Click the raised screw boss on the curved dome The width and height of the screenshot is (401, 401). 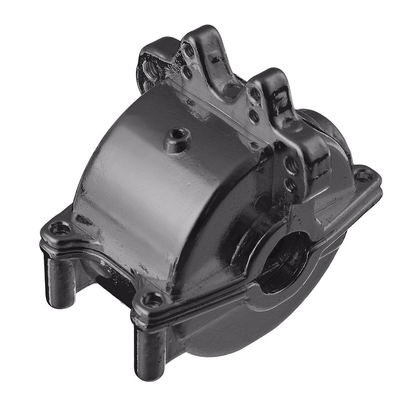[x=177, y=137]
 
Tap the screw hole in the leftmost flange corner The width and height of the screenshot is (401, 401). [x=60, y=228]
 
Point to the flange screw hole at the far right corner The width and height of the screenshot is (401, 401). [x=364, y=175]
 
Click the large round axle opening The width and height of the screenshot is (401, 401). [x=283, y=262]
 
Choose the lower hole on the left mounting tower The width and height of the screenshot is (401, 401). [x=188, y=72]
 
